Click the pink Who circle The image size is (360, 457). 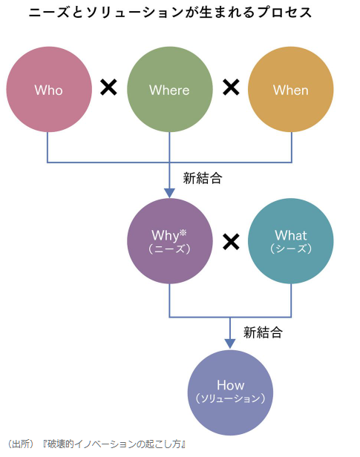pyautogui.click(x=49, y=89)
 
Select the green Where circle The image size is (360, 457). pyautogui.click(x=170, y=89)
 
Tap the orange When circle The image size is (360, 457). pyautogui.click(x=291, y=89)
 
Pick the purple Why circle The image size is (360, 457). pyautogui.click(x=170, y=241)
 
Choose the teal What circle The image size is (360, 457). pyautogui.click(x=291, y=241)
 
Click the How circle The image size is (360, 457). pyautogui.click(x=230, y=392)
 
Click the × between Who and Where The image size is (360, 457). pyautogui.click(x=108, y=87)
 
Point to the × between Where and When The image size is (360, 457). pyautogui.click(x=231, y=87)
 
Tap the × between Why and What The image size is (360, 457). pyautogui.click(x=231, y=242)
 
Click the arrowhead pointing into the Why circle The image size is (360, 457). pyautogui.click(x=170, y=193)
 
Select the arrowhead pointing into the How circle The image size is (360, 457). pyautogui.click(x=230, y=344)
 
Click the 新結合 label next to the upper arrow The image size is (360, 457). pyautogui.click(x=203, y=178)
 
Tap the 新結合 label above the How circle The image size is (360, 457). pyautogui.click(x=263, y=332)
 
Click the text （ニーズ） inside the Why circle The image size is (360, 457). pyautogui.click(x=170, y=249)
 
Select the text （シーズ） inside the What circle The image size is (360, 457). pyautogui.click(x=291, y=249)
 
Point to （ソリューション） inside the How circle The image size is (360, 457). pyautogui.click(x=230, y=398)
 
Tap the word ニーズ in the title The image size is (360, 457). pyautogui.click(x=49, y=12)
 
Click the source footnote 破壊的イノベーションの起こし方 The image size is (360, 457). pyautogui.click(x=116, y=444)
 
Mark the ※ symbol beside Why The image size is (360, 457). pyautogui.click(x=183, y=233)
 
